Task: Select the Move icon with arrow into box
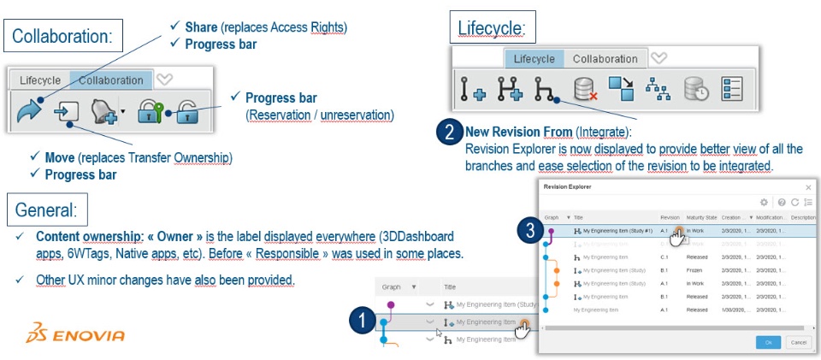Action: tap(66, 112)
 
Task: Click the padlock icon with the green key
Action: tap(151, 112)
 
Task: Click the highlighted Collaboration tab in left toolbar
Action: tap(111, 80)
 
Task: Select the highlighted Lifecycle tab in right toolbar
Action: tap(534, 59)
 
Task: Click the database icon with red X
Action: tap(585, 89)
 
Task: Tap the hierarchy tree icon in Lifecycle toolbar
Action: tap(656, 89)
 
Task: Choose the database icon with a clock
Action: tap(694, 89)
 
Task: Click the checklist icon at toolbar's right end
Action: tap(732, 89)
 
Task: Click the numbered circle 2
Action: tap(447, 133)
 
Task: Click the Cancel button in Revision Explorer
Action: tap(798, 342)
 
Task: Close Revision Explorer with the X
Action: tap(808, 186)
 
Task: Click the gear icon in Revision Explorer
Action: tap(764, 203)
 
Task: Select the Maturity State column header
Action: tap(700, 218)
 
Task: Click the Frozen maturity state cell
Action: tap(695, 270)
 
